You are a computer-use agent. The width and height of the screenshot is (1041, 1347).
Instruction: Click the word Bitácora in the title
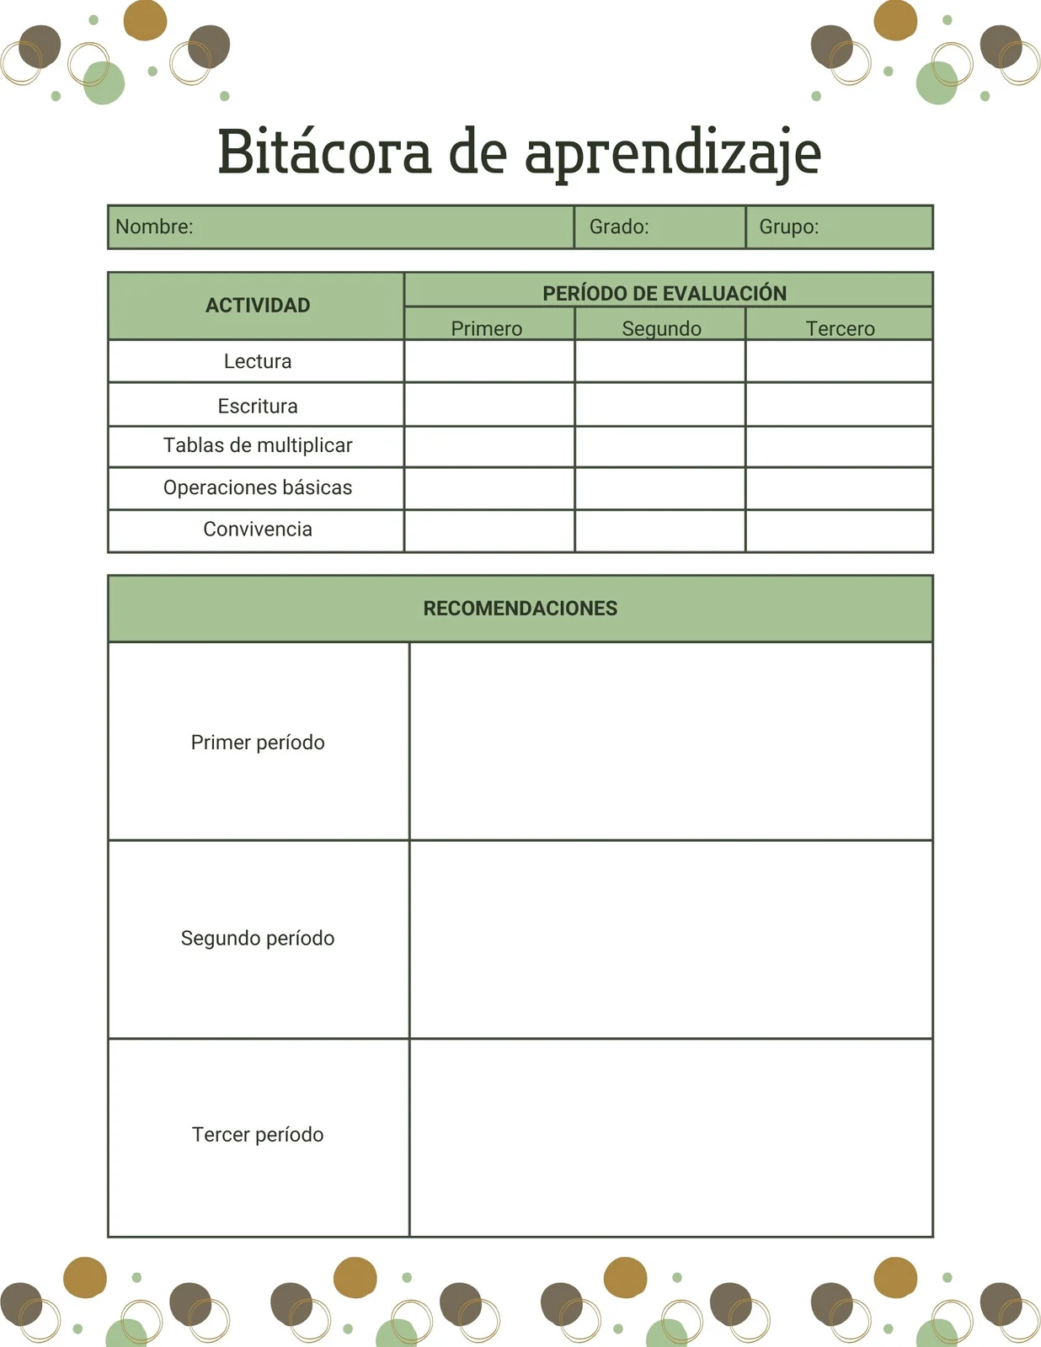point(324,152)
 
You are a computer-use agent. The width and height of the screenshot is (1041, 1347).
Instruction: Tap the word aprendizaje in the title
point(672,154)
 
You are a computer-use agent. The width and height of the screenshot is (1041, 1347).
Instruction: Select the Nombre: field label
point(154,226)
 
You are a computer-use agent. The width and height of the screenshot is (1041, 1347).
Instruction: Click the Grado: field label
point(619,226)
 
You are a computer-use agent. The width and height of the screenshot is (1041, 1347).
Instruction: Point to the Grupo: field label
point(789,226)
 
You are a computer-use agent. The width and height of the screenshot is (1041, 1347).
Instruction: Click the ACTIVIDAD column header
point(258,305)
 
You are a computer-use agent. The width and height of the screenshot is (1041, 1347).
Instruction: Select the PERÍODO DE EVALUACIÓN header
point(665,293)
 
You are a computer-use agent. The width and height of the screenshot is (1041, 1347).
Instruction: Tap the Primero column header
point(487,327)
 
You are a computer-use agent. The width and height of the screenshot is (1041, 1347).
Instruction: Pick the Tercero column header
point(840,327)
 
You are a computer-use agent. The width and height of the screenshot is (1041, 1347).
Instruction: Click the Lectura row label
point(258,361)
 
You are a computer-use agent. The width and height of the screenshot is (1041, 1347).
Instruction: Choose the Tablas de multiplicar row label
point(258,445)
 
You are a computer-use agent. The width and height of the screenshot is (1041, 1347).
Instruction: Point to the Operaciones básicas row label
point(258,487)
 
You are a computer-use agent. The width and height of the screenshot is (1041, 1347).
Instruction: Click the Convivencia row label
point(258,529)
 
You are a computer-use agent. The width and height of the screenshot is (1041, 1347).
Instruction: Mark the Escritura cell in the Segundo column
point(659,405)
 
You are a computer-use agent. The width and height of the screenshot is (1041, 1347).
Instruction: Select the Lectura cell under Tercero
point(839,361)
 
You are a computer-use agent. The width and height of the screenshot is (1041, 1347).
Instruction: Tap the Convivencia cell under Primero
point(489,530)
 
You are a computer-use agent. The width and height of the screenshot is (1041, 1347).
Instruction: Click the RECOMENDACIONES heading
point(520,608)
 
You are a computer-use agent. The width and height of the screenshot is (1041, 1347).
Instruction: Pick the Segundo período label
point(258,938)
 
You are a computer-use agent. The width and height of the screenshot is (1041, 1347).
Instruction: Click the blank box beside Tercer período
point(670,1137)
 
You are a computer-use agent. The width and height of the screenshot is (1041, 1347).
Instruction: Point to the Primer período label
point(258,742)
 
